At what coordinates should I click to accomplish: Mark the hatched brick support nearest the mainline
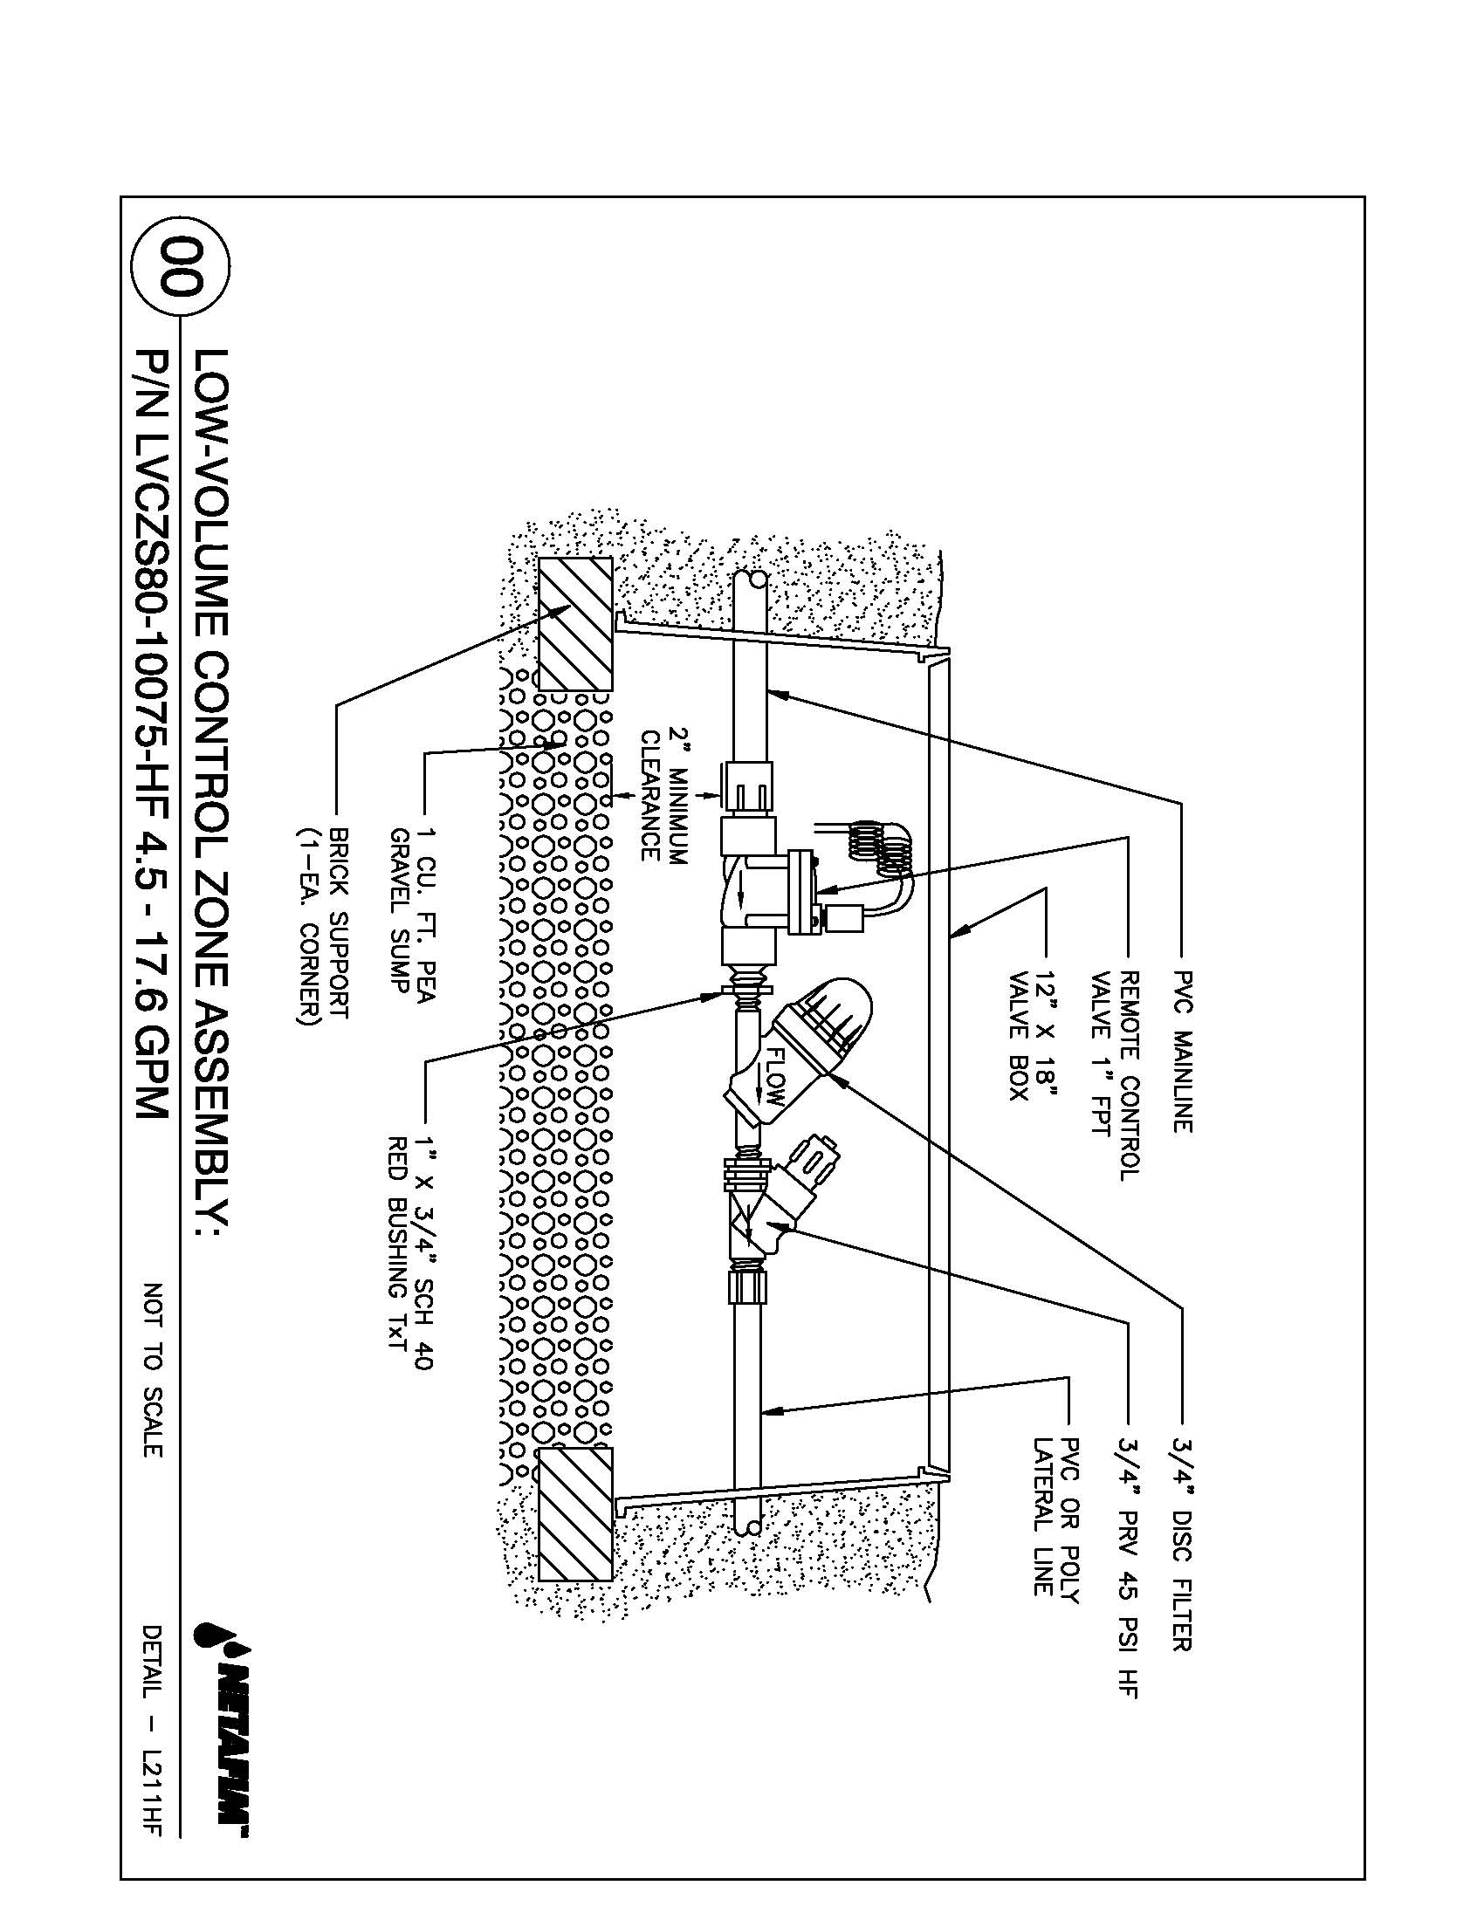[575, 623]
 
